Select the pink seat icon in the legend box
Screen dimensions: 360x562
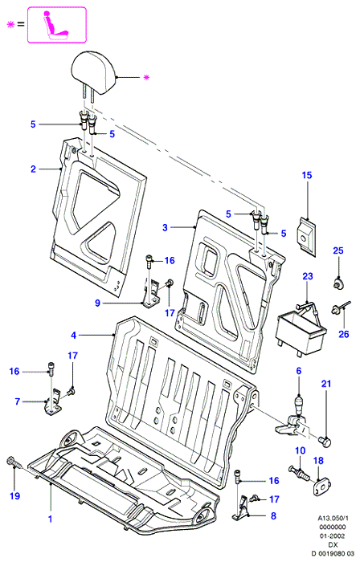[x=56, y=24]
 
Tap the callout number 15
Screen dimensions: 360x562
[x=307, y=175]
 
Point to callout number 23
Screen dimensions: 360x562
[x=308, y=276]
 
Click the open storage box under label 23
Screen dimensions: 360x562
[x=301, y=332]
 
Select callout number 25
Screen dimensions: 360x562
[x=338, y=250]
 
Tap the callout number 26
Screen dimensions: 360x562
[x=343, y=334]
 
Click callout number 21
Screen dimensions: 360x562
[x=326, y=384]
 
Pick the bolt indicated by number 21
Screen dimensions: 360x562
[x=325, y=442]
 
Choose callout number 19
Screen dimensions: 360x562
[x=14, y=496]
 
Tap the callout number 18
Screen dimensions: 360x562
[x=318, y=461]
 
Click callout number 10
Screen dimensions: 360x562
[x=300, y=450]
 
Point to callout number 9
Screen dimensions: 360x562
[x=97, y=303]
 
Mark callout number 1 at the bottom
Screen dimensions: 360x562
[x=50, y=519]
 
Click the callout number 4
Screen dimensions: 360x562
[x=73, y=335]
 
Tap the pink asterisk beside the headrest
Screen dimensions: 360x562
[x=146, y=77]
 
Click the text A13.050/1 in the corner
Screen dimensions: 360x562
[x=333, y=518]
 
